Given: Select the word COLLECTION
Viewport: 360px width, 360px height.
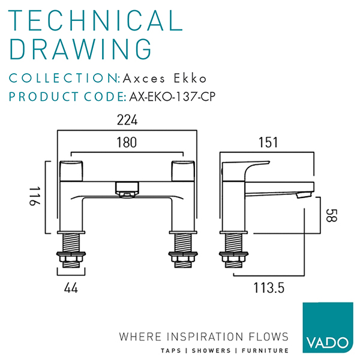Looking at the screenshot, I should point(65,79).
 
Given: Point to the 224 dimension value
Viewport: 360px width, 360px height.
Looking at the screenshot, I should point(127,121).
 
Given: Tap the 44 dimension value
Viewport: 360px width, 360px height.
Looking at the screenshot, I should point(71,288).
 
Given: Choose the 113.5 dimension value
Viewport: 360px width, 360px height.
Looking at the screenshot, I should point(268,288).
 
